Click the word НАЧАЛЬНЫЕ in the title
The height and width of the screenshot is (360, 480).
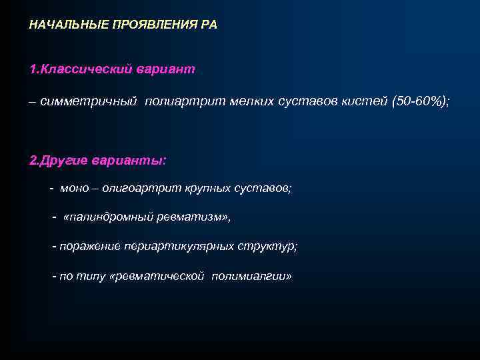pos(64,25)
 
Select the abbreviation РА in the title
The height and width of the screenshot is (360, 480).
pos(209,25)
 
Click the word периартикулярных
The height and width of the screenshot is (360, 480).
pos(178,246)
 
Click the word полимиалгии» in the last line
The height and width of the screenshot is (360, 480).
pos(251,275)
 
